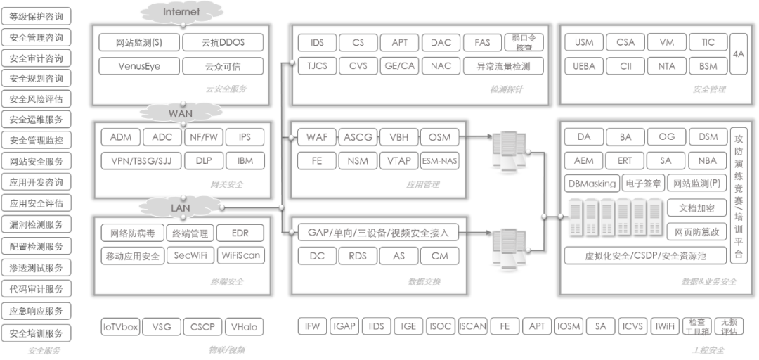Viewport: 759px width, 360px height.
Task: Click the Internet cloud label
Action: pyautogui.click(x=181, y=13)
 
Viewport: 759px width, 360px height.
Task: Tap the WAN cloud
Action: pyautogui.click(x=181, y=112)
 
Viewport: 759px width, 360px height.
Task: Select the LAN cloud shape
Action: pyautogui.click(x=181, y=208)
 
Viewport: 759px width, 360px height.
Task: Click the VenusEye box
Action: pyautogui.click(x=140, y=66)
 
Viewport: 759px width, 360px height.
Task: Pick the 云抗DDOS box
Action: pyautogui.click(x=223, y=43)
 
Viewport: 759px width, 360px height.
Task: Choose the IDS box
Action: pyautogui.click(x=317, y=43)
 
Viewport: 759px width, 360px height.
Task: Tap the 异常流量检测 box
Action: pyautogui.click(x=504, y=66)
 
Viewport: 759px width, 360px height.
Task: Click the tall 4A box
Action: pyautogui.click(x=737, y=54)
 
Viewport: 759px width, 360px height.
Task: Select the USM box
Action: pyautogui.click(x=584, y=43)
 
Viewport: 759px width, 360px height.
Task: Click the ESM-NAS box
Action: pyautogui.click(x=440, y=161)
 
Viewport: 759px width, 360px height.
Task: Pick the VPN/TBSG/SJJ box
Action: pyautogui.click(x=141, y=161)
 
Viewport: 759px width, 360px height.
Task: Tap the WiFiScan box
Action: pyautogui.click(x=240, y=255)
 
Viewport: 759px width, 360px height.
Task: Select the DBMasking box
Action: pyautogui.click(x=592, y=184)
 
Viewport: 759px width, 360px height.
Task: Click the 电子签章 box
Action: pyautogui.click(x=642, y=184)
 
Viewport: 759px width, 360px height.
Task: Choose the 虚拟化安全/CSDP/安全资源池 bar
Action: pyautogui.click(x=645, y=255)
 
